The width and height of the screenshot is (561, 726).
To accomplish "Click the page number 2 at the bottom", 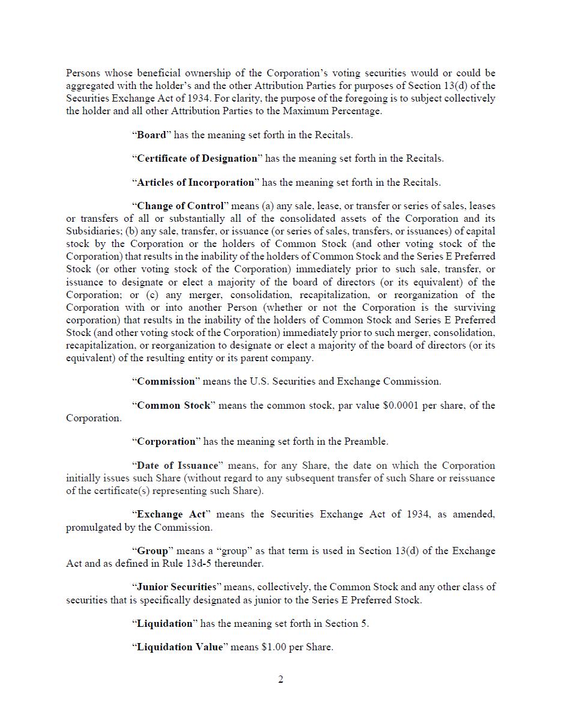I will tap(280, 680).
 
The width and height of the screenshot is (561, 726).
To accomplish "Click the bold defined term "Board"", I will tap(151, 135).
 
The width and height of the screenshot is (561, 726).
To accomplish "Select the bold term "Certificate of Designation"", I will tap(197, 159).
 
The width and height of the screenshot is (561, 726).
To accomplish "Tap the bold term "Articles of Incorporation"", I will tap(196, 183).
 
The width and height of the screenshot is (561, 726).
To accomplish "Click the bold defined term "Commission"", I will tap(166, 381).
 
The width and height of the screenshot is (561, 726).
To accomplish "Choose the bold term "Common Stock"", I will tap(174, 405).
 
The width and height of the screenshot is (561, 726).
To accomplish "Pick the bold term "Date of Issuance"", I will tap(177, 465).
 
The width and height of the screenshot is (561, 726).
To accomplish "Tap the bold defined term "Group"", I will tap(153, 551).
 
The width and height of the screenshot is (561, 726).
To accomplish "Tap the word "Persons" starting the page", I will tap(83, 73).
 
